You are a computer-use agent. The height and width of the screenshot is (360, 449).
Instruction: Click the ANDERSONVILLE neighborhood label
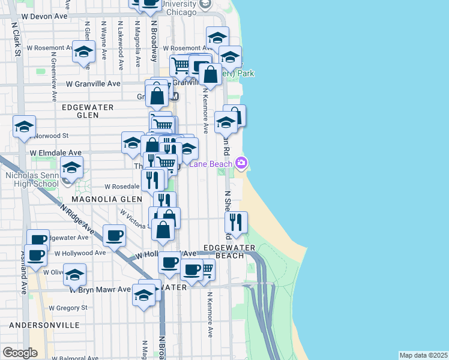[44, 325]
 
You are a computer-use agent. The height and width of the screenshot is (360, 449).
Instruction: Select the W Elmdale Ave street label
[56, 154]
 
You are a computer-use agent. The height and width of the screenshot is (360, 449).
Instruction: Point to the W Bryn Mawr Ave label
[100, 289]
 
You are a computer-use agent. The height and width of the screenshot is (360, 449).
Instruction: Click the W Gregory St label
[68, 308]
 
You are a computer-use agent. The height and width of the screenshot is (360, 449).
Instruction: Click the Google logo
[20, 353]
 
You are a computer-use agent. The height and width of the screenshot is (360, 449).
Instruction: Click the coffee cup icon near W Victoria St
[113, 235]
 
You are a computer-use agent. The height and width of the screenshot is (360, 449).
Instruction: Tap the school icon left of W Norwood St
[24, 127]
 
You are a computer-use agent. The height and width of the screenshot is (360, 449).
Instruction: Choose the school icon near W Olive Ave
[74, 275]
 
